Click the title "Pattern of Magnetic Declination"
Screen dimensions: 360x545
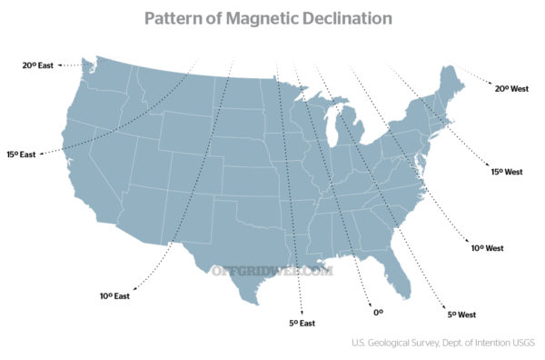pyautogui.click(x=269, y=18)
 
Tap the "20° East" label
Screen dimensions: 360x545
pyautogui.click(x=39, y=65)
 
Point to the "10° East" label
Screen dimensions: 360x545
pyautogui.click(x=114, y=295)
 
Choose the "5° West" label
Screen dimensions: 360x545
pyautogui.click(x=461, y=315)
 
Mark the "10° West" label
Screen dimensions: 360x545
pyautogui.click(x=488, y=247)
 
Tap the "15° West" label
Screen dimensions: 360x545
pyautogui.click(x=506, y=171)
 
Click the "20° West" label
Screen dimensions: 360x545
pyautogui.click(x=511, y=88)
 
